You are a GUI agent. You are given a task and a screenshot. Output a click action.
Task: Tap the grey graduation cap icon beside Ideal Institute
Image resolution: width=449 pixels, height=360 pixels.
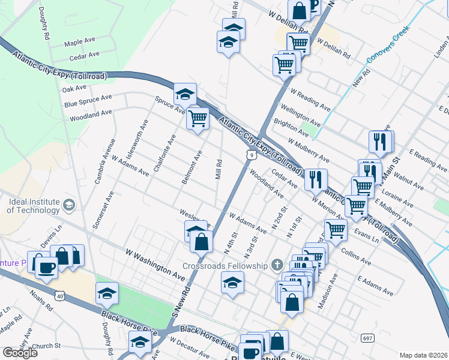[x=69, y=206]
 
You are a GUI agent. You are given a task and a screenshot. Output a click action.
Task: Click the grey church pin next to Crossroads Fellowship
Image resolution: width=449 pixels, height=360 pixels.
[x=277, y=264]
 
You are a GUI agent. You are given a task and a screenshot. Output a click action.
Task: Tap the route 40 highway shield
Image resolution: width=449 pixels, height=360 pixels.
[x=59, y=295]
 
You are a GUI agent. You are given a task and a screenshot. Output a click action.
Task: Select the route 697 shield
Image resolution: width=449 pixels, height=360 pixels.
[x=366, y=338]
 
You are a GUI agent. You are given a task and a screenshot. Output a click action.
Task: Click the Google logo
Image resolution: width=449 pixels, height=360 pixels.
[x=20, y=353]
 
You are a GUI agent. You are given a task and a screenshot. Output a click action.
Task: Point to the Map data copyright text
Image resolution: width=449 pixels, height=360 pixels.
[x=424, y=355]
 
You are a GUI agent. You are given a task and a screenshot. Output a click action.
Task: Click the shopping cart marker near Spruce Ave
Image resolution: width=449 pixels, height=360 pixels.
[x=197, y=118]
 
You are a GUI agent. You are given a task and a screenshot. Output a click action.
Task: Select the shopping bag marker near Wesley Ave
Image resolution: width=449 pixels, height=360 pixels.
[x=202, y=241]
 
